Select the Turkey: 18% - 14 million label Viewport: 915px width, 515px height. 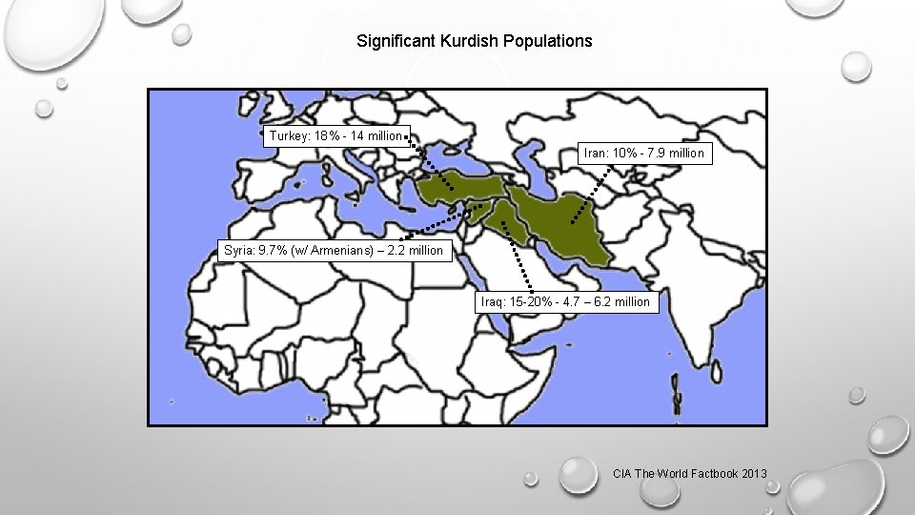coord(335,135)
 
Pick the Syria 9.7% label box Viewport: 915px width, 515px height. coord(334,251)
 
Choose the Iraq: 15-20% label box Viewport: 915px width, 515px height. coord(565,301)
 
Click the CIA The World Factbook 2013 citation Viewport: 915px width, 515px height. coord(690,473)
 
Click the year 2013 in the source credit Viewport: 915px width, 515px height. coord(753,473)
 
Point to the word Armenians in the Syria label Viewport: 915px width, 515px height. coord(344,251)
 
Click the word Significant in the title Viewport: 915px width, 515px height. coord(396,41)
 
